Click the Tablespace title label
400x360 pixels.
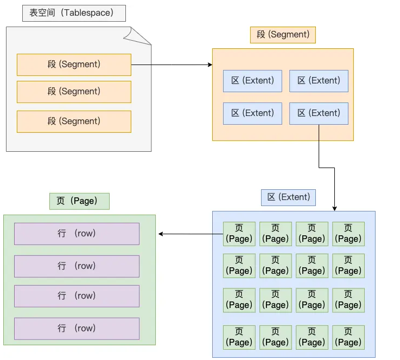[74, 13]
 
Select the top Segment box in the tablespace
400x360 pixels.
[74, 65]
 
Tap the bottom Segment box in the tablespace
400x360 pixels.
[74, 121]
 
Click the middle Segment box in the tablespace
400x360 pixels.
[74, 92]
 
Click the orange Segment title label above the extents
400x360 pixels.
[283, 35]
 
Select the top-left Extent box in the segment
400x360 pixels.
[252, 81]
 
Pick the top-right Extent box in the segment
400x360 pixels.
[319, 81]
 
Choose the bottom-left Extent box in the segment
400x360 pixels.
[252, 113]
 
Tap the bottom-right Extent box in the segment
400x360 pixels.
[319, 113]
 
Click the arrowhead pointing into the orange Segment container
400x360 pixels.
[209, 65]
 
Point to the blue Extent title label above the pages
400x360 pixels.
[288, 197]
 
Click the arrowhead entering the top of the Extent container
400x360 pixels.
[334, 208]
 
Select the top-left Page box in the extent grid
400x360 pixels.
[239, 234]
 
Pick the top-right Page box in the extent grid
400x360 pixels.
[348, 234]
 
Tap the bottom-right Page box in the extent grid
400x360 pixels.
[348, 337]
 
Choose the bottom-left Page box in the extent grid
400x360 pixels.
[239, 337]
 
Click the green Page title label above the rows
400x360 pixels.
[79, 201]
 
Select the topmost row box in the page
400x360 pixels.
[77, 234]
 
